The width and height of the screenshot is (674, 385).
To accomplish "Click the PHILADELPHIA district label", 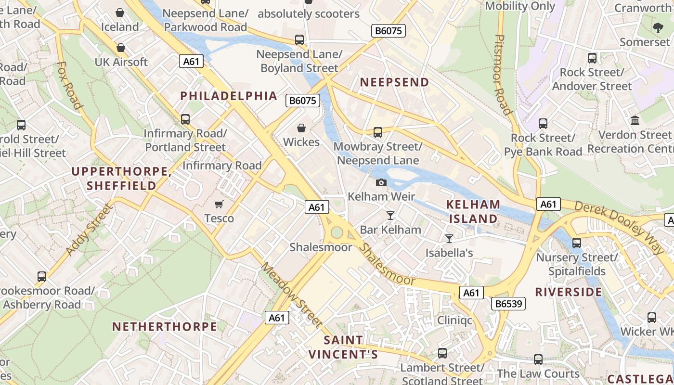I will [x=229, y=96].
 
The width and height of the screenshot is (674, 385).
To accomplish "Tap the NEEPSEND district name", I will [x=394, y=82].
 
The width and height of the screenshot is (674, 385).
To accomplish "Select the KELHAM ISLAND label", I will [x=473, y=211].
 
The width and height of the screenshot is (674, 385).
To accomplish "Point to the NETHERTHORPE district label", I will [x=165, y=327].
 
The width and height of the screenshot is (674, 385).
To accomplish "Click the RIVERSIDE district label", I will [x=569, y=292].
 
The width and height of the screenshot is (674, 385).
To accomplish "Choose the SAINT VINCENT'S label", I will [x=343, y=347].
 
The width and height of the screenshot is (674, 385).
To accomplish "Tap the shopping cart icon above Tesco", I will [x=219, y=205].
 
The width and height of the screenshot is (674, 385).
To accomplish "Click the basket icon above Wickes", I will [x=301, y=128].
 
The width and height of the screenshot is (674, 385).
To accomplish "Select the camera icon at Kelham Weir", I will [x=381, y=182].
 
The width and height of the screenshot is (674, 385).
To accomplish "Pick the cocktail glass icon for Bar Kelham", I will [x=390, y=215].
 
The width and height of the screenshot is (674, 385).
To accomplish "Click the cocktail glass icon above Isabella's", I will [x=449, y=238].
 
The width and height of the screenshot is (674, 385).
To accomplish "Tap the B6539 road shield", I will [x=508, y=304].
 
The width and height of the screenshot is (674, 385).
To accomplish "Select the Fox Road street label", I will [x=69, y=85].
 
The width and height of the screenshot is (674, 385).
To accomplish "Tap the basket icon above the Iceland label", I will [x=120, y=13].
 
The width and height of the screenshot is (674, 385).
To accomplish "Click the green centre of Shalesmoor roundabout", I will [x=337, y=233].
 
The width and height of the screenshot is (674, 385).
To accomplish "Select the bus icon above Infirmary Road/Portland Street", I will [x=185, y=119].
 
